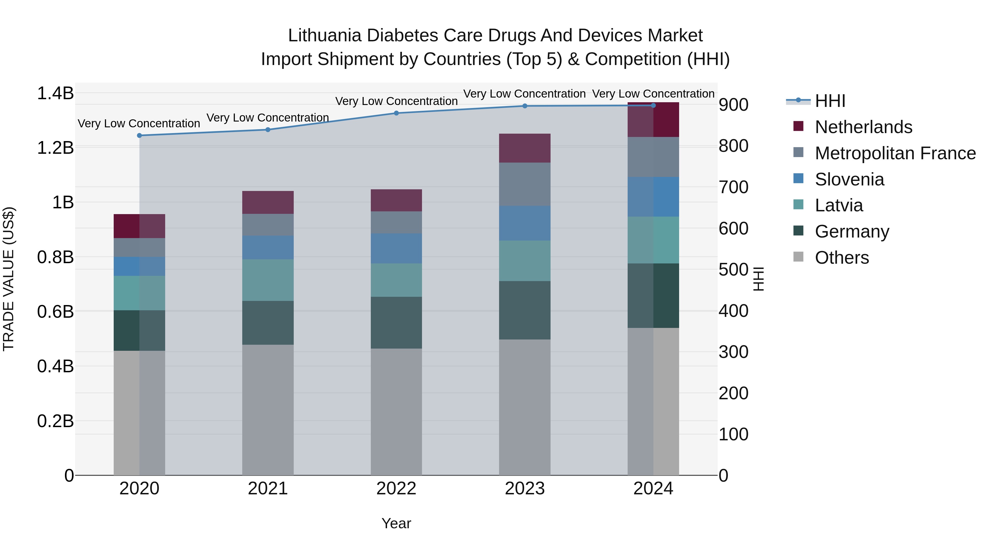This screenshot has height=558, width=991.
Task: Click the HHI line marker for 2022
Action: pos(396,113)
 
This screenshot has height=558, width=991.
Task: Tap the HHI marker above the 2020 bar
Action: pos(139,136)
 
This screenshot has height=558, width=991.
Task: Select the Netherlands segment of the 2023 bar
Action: pos(525,148)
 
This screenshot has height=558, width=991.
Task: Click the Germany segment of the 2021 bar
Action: pos(268,323)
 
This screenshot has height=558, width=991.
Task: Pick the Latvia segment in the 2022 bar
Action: pos(396,280)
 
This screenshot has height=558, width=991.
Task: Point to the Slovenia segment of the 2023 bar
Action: pos(525,223)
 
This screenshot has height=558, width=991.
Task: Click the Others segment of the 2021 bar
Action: pos(268,410)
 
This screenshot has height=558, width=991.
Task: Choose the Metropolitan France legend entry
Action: pos(895,153)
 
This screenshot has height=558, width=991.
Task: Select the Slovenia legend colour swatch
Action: pos(798,179)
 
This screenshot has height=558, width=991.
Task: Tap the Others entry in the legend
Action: pos(842,258)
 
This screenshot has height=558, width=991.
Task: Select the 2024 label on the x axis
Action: pos(653,489)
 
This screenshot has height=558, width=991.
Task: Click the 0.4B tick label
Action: pos(55,366)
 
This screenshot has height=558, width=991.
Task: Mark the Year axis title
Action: pos(396,523)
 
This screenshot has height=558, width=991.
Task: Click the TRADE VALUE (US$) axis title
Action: pos(9,279)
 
